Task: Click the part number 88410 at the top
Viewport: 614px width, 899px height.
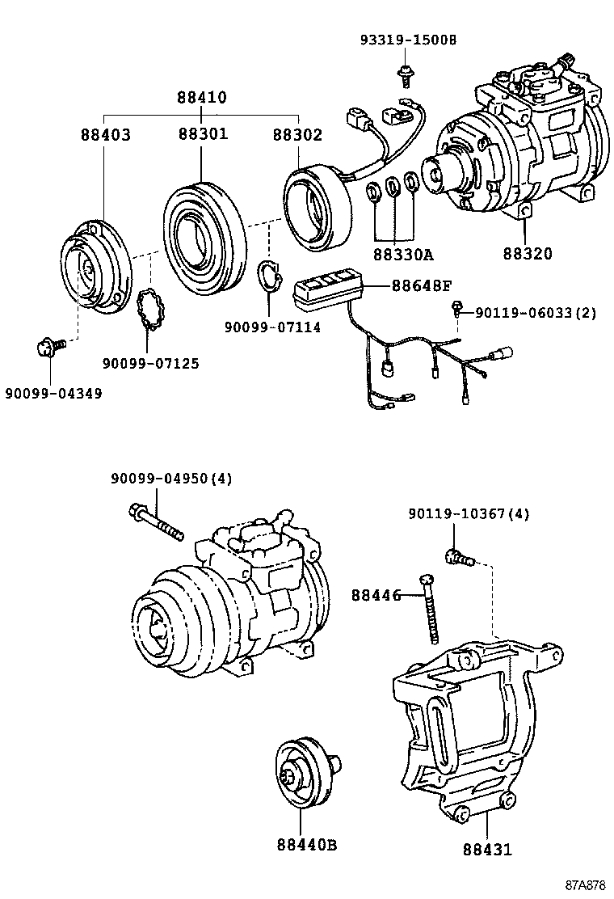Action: [202, 98]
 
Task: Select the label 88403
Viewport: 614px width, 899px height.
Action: [105, 134]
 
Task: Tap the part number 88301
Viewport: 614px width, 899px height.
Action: [203, 134]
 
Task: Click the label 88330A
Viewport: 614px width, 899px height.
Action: [403, 255]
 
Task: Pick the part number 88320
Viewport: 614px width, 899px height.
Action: [526, 254]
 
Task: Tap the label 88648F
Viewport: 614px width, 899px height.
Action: [422, 285]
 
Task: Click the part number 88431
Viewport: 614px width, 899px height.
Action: [487, 850]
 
